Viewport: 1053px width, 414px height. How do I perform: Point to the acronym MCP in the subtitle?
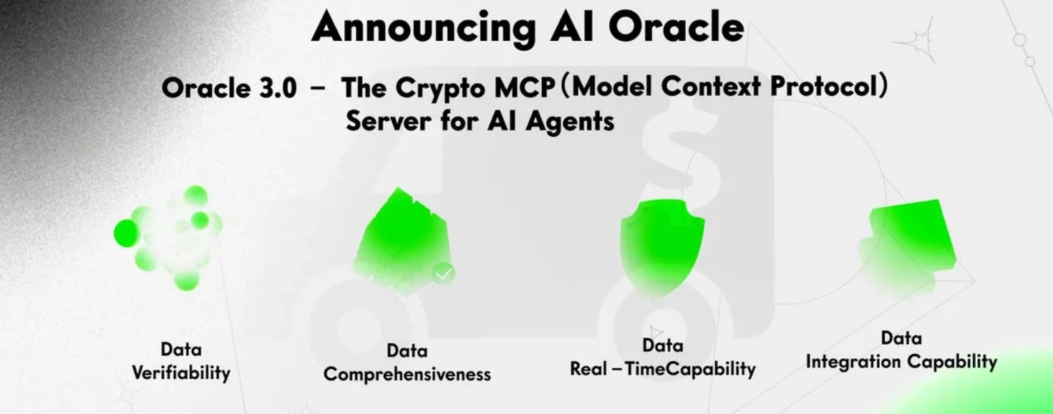(527, 88)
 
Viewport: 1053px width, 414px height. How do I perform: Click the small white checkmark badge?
(444, 273)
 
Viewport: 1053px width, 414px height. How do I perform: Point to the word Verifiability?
(181, 372)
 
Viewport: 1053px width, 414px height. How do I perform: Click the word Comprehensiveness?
(407, 374)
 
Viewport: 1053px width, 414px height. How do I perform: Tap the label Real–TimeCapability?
(662, 369)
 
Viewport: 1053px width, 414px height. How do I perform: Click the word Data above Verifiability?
(181, 350)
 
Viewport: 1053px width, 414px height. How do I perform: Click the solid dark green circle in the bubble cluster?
(126, 233)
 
